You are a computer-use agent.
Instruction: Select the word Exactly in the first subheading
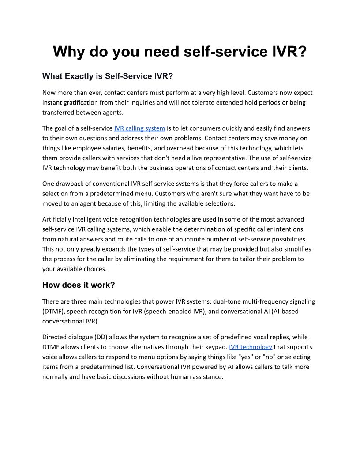(x=78, y=76)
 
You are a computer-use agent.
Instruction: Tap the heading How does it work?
(x=79, y=285)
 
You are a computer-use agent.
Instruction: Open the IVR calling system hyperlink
(x=139, y=128)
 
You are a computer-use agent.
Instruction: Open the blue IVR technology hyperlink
(x=251, y=347)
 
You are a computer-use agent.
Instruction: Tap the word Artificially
(x=59, y=219)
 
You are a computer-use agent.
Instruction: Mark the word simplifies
(x=297, y=249)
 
